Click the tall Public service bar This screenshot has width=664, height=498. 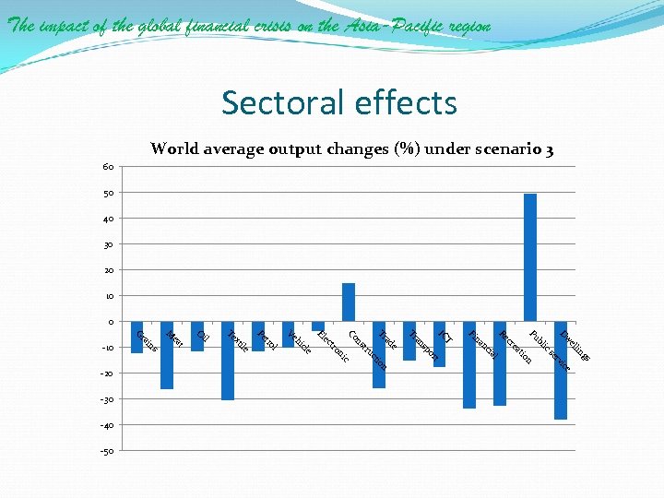[x=530, y=257]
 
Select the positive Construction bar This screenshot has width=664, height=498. [x=349, y=302]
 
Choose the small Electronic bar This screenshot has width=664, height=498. [x=318, y=326]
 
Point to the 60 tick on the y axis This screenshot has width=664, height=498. [x=109, y=167]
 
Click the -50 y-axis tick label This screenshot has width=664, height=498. [x=107, y=451]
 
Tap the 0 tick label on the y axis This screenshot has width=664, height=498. [x=111, y=322]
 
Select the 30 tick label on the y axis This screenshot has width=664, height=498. [x=109, y=244]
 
